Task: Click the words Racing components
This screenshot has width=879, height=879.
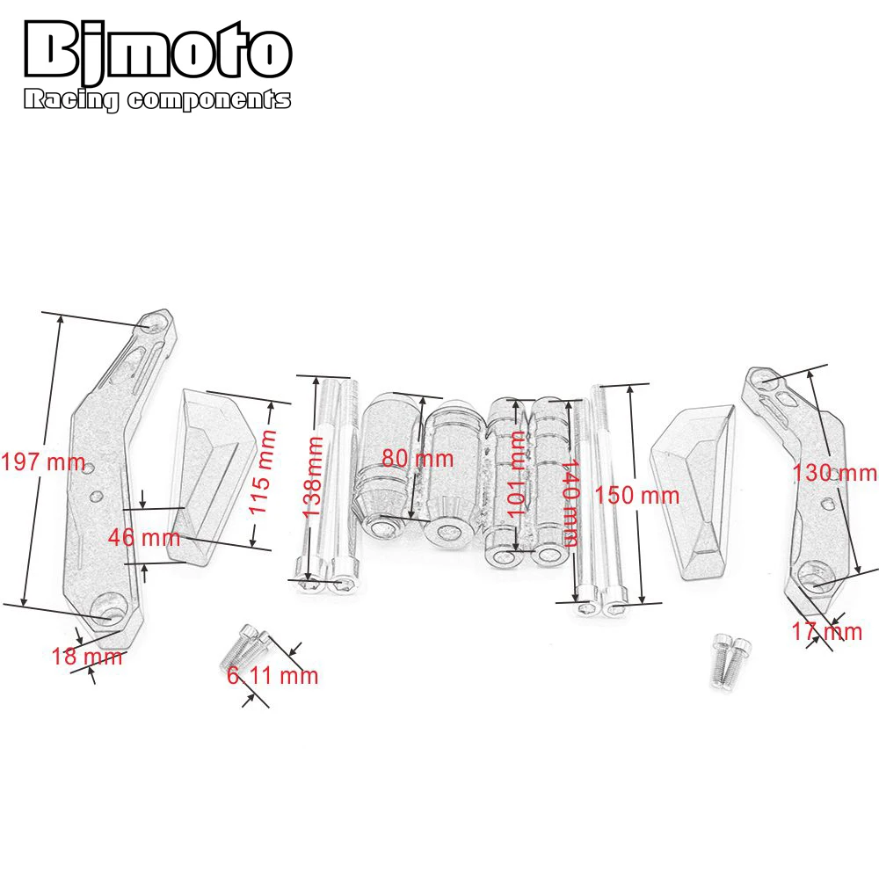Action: pyautogui.click(x=156, y=100)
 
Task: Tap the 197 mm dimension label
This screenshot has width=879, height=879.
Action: pyautogui.click(x=43, y=462)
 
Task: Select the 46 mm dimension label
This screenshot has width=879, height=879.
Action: pyautogui.click(x=144, y=537)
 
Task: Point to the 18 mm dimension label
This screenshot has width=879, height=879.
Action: pyautogui.click(x=86, y=656)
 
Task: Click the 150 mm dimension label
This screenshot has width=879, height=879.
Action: pyautogui.click(x=637, y=495)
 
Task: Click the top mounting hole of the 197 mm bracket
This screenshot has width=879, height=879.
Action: pyautogui.click(x=155, y=324)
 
